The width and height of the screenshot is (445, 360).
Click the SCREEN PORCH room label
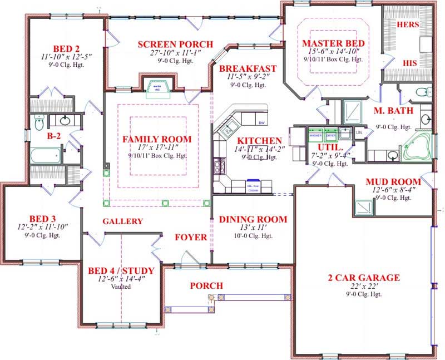(x=175, y=44)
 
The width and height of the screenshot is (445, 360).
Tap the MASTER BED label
(x=333, y=43)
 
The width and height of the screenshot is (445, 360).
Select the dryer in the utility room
(x=331, y=135)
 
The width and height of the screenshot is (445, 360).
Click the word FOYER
(x=191, y=237)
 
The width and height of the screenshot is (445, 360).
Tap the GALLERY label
(x=122, y=221)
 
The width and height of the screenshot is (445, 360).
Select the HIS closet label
(x=409, y=63)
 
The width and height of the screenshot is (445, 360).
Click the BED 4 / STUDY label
(x=120, y=271)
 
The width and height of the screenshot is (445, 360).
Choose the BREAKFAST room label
(x=248, y=68)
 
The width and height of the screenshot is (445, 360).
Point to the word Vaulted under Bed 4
(x=120, y=287)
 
